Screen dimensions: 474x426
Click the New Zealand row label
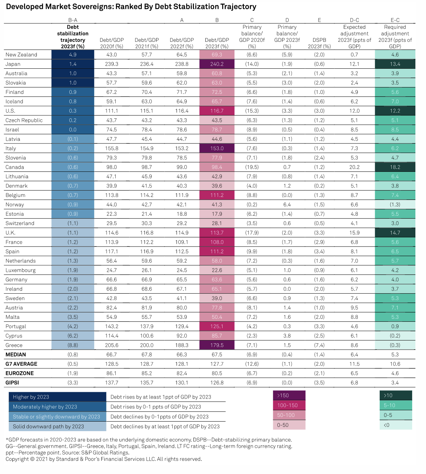point(21,55)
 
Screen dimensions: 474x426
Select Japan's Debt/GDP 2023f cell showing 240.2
point(217,64)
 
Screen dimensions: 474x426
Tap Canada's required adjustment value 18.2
point(395,167)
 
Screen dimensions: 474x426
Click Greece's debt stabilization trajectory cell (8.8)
point(73,345)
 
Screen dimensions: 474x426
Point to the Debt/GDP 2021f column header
point(146,43)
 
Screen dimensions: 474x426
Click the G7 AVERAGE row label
point(21,364)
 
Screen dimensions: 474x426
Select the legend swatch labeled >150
point(289,395)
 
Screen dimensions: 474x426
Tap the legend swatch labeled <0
point(396,425)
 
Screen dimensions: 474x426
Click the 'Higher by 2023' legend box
point(57,397)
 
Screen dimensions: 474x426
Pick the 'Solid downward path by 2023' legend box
point(57,427)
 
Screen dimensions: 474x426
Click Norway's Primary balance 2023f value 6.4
point(287,205)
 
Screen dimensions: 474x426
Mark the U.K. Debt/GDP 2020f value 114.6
point(111,233)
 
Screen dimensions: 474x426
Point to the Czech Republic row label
point(24,120)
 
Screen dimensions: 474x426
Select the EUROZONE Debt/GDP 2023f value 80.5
point(217,373)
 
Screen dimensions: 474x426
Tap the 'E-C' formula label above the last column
point(395,20)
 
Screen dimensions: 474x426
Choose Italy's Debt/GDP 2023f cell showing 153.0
point(217,148)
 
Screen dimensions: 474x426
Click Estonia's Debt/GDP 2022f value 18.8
point(182,214)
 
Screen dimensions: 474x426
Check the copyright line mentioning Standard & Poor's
point(104,459)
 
